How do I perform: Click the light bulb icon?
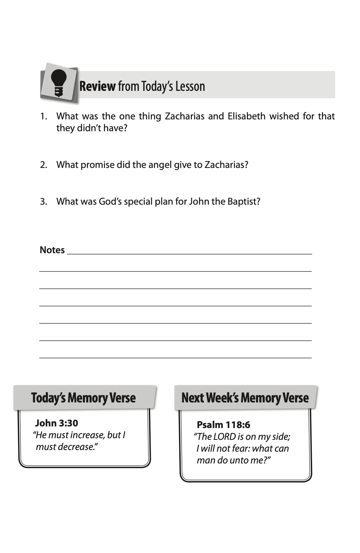pyautogui.click(x=59, y=83)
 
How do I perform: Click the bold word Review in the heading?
pyautogui.click(x=97, y=86)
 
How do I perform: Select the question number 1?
pyautogui.click(x=43, y=116)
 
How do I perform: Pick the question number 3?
pyautogui.click(x=43, y=201)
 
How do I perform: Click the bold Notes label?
pyautogui.click(x=52, y=250)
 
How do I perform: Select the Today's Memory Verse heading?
pyautogui.click(x=83, y=398)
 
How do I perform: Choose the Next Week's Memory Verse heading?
pyautogui.click(x=245, y=398)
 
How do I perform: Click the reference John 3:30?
pyautogui.click(x=56, y=423)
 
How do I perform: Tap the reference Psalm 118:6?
pyautogui.click(x=223, y=425)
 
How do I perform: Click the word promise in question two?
pyautogui.click(x=97, y=165)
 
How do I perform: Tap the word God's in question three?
pyautogui.click(x=110, y=201)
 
